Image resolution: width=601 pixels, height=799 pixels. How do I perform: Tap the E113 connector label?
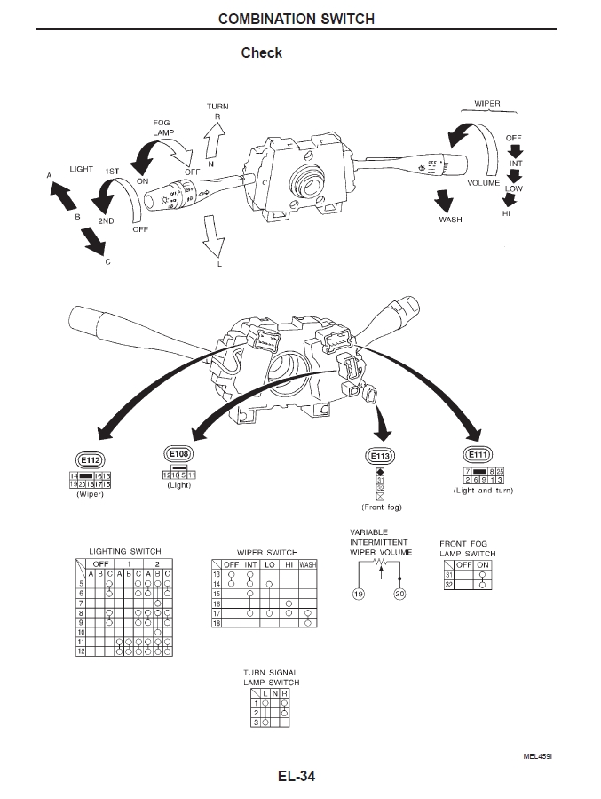380,456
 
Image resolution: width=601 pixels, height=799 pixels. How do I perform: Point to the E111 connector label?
477,455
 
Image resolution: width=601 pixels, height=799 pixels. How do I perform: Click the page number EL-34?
296,776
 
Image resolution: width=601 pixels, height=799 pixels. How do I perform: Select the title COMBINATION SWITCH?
296,18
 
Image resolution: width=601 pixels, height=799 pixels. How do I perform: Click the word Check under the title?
261,53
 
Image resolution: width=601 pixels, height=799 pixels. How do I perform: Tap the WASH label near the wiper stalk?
451,220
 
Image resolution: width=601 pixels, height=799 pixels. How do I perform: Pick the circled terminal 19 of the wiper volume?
360,594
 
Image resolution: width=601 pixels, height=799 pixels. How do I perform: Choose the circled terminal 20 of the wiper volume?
399,594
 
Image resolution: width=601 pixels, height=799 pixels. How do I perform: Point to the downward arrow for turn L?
212,238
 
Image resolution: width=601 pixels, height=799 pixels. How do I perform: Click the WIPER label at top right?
487,104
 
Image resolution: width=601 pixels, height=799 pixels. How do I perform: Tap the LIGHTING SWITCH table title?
125,552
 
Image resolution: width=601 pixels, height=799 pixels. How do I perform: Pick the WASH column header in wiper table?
307,564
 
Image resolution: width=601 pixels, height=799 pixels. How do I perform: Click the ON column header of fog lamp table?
483,565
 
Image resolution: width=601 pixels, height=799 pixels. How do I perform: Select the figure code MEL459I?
537,756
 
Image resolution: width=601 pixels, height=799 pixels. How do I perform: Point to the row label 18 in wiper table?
216,624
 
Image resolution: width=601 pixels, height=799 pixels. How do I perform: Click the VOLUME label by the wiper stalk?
484,182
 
